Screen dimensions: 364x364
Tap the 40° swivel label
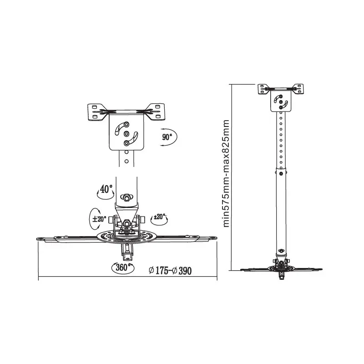(x=106, y=188)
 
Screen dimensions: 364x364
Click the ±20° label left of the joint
(x=99, y=219)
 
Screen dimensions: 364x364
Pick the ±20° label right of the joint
(x=159, y=217)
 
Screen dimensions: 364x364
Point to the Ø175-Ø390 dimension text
(x=170, y=271)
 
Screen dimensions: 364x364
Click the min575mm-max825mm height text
(x=226, y=173)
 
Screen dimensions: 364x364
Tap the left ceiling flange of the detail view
(x=96, y=112)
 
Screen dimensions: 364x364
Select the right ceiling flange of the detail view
(x=156, y=112)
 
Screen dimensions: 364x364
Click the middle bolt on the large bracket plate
(x=126, y=134)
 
